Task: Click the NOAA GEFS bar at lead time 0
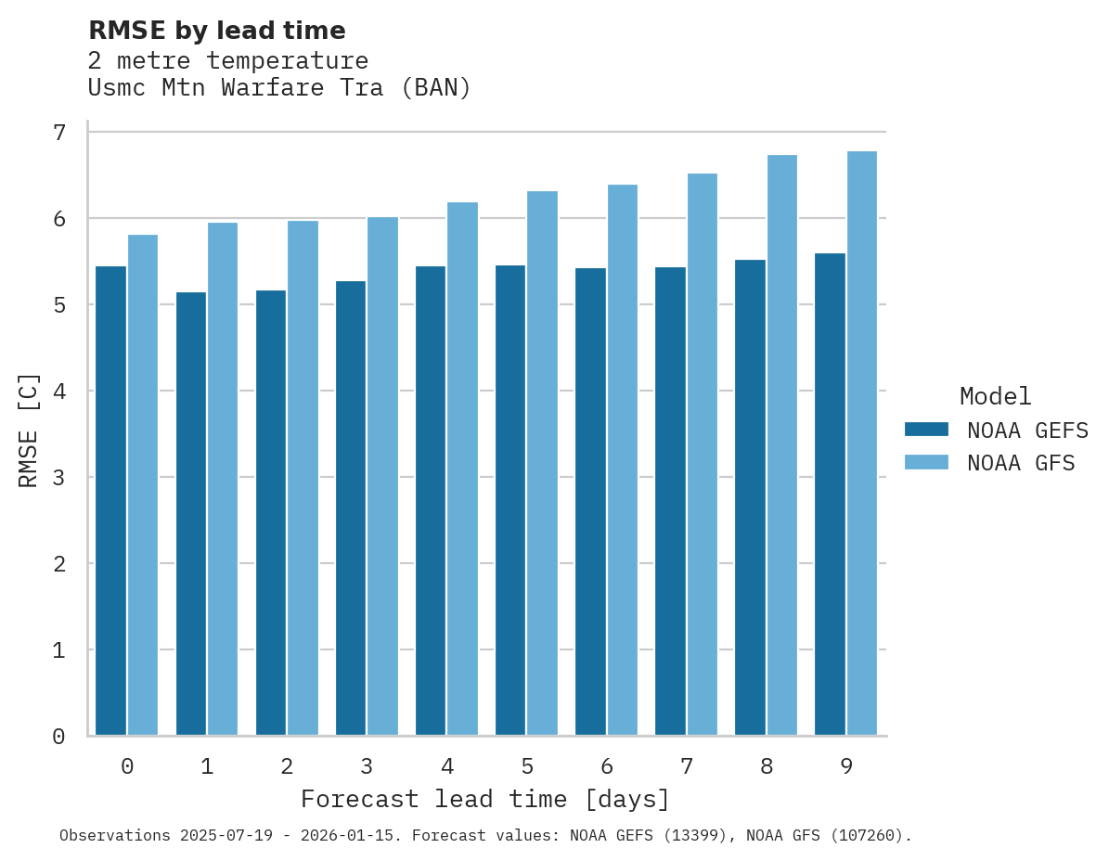point(111,501)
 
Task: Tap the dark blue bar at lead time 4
point(431,501)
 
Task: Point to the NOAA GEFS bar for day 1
point(191,514)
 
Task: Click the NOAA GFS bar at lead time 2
point(303,479)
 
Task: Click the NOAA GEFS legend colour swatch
point(926,430)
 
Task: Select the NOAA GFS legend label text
point(1021,463)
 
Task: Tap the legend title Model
point(995,397)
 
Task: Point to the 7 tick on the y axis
point(59,133)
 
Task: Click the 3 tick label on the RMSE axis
point(59,478)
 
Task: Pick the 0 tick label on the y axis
point(59,737)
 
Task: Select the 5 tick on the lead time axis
point(527,767)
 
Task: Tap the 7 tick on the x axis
point(687,767)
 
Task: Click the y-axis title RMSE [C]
point(30,430)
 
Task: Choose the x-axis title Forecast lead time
point(484,800)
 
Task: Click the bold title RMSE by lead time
point(216,31)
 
